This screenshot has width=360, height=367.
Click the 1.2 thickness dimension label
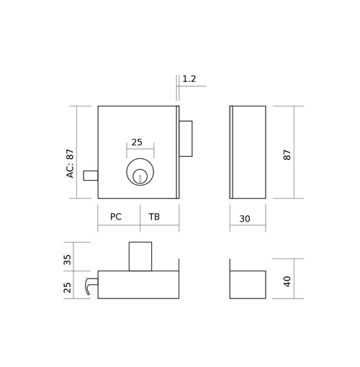189,79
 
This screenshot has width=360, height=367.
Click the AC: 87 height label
70,163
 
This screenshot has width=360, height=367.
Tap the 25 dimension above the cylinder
137,142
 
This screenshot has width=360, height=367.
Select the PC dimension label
116,217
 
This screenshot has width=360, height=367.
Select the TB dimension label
154,217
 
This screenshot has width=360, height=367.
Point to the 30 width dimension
245,219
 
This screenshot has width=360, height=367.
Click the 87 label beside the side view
287,155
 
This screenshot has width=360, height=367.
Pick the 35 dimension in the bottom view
68,260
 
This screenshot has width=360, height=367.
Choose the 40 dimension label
287,281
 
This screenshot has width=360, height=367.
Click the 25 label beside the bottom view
68,287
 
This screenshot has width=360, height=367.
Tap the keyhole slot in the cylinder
140,178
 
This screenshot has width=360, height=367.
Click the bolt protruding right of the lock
186,139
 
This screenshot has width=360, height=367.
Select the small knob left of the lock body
91,176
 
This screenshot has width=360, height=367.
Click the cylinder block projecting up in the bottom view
140,256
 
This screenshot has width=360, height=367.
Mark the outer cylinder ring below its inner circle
140,185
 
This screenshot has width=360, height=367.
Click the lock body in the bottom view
138,285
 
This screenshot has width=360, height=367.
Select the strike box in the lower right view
248,285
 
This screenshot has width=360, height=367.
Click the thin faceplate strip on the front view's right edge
178,152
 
